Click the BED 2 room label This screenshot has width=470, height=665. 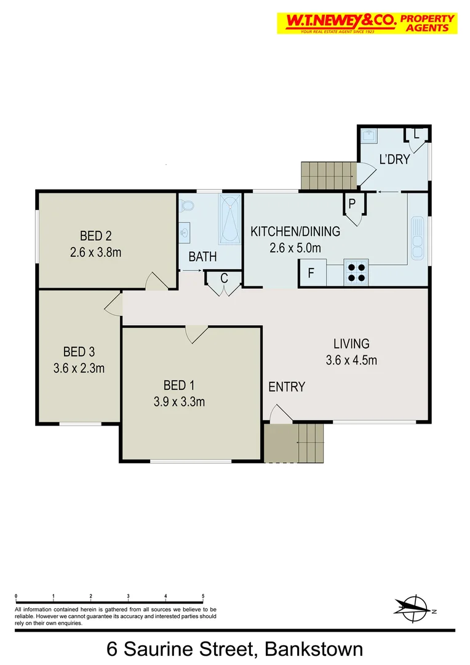click(x=95, y=235)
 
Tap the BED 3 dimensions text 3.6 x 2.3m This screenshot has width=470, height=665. click(x=79, y=369)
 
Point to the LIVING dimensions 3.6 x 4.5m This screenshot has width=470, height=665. click(x=351, y=360)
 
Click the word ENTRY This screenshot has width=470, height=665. click(x=287, y=387)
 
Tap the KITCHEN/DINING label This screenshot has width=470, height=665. click(x=295, y=232)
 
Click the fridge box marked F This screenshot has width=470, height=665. click(x=311, y=273)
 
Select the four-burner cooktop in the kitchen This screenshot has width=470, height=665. click(x=356, y=272)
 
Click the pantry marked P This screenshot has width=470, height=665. click(x=352, y=203)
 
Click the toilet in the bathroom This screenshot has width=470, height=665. click(x=188, y=205)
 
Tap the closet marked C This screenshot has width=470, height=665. click(x=224, y=279)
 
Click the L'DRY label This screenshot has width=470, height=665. click(x=394, y=159)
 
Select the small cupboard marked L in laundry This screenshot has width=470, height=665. click(x=416, y=134)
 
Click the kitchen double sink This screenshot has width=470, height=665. click(x=418, y=237)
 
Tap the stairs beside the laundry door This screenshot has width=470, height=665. click(x=328, y=175)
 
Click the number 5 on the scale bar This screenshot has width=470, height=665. click(x=203, y=596)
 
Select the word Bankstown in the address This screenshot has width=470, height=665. click(x=314, y=649)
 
